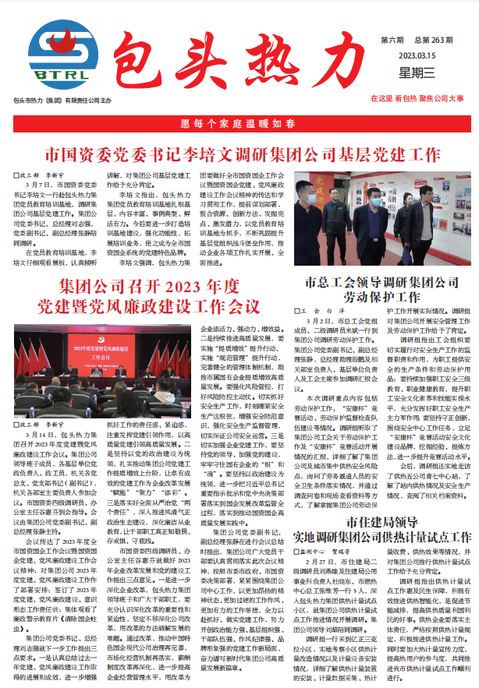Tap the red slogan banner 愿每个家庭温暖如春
tap(239, 123)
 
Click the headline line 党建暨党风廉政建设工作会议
tap(147, 304)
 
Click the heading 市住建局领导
tap(378, 499)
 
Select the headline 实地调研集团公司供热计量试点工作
tap(378, 516)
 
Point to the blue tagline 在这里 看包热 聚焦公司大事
tap(417, 99)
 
